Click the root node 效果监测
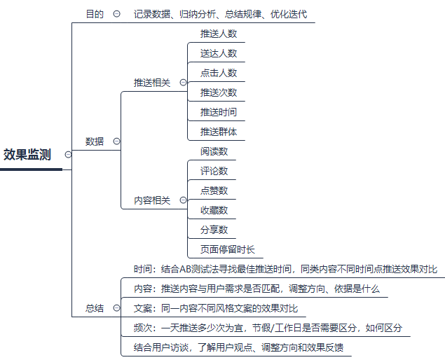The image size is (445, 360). point(27,155)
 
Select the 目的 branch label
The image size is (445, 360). point(95,13)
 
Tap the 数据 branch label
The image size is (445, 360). point(95,141)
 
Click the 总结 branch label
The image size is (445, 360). point(95,307)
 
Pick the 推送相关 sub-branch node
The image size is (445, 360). point(152,82)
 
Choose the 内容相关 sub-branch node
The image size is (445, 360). point(152,200)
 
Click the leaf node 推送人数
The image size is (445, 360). point(218,33)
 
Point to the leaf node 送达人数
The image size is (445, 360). point(218,53)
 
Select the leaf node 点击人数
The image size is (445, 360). point(218,72)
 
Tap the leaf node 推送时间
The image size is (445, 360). point(218,111)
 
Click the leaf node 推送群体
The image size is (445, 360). point(218,131)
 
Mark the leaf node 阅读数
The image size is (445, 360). point(214,151)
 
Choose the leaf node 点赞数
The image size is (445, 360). point(214,190)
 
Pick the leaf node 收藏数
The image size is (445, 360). point(214,209)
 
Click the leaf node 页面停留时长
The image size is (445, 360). point(227,249)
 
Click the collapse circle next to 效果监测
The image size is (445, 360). point(68,155)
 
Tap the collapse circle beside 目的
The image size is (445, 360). point(116,13)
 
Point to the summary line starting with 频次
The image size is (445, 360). point(267,327)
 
